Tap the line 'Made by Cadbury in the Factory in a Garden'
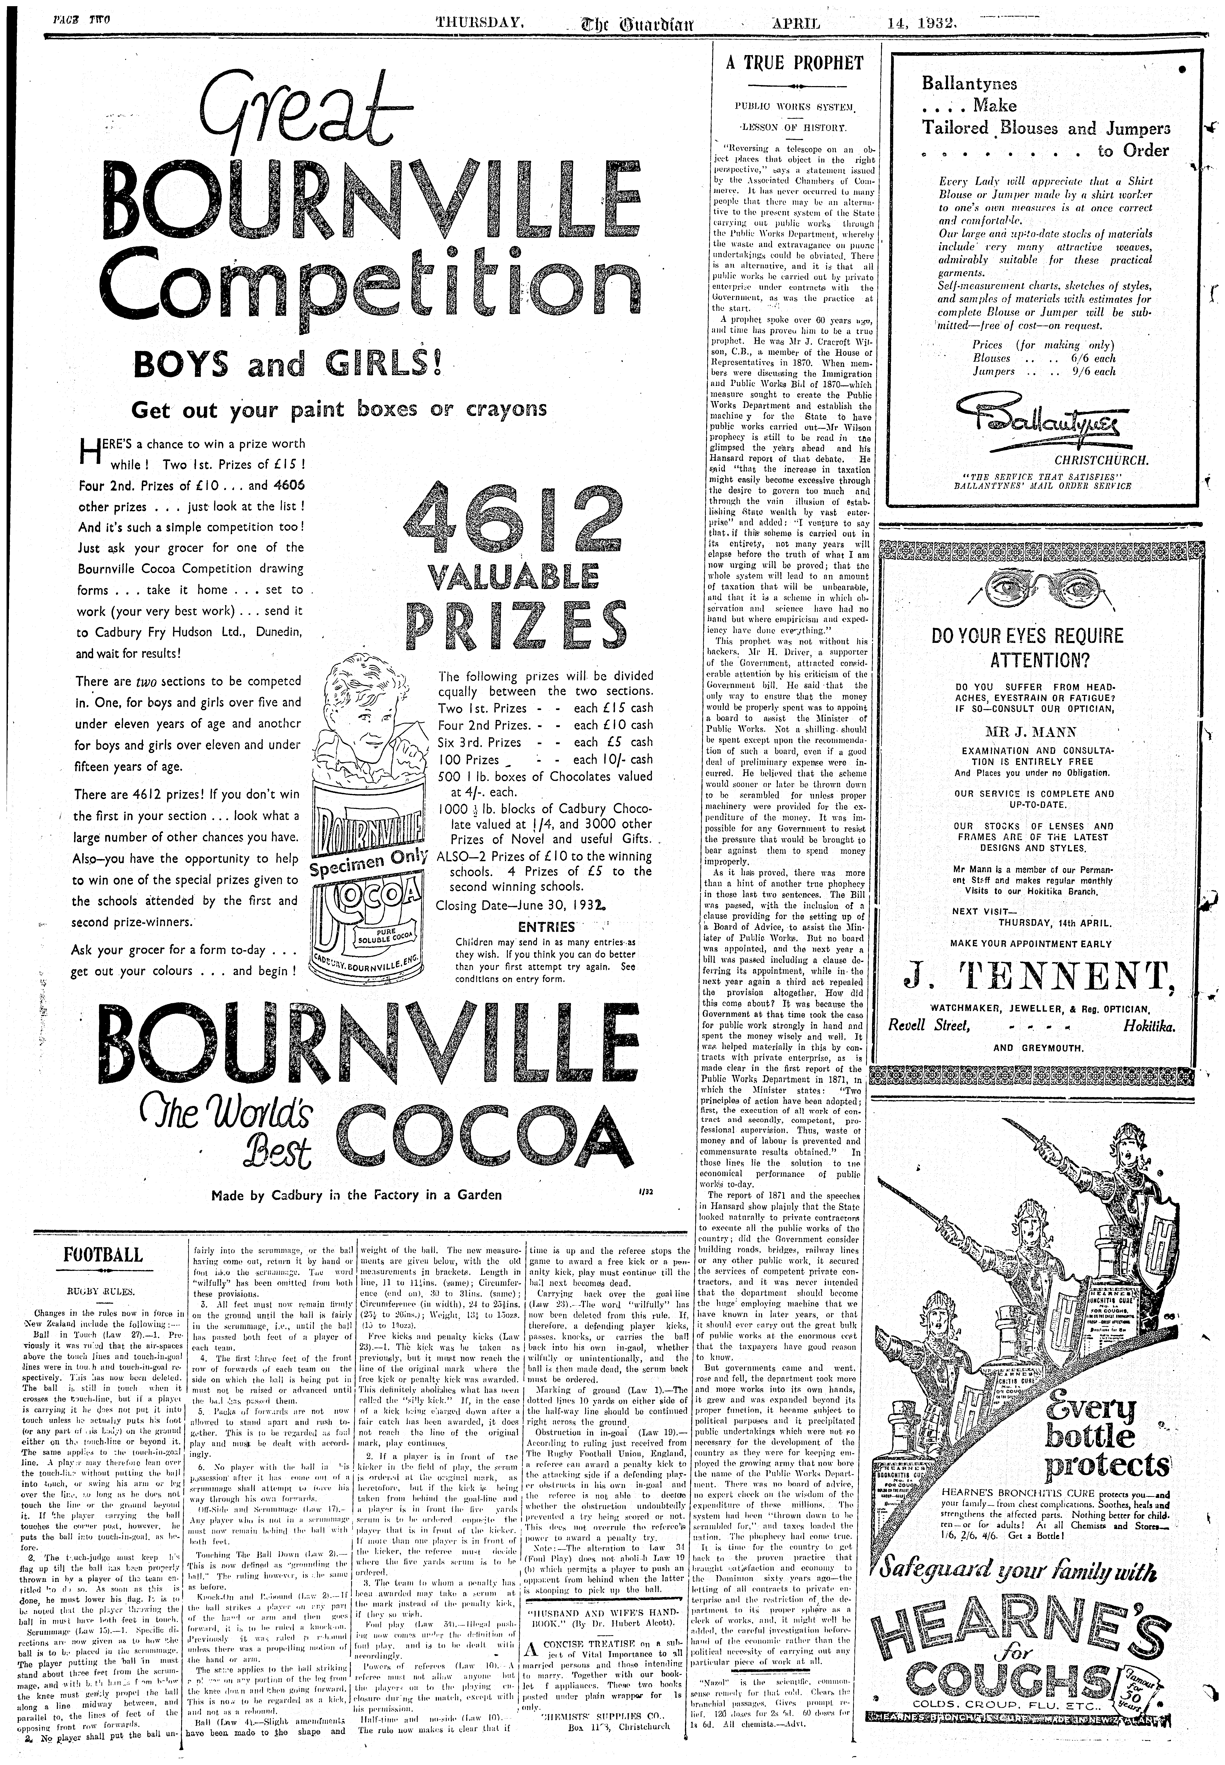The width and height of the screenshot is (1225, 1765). (x=357, y=1195)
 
